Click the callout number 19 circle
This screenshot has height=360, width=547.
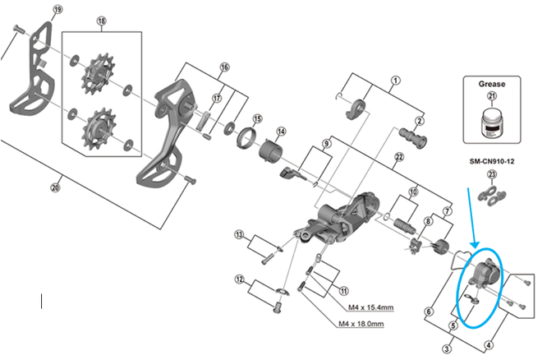(57, 9)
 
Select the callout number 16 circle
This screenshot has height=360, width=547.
(224, 67)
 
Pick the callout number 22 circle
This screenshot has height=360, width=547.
(400, 157)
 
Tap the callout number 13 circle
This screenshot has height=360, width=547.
(240, 236)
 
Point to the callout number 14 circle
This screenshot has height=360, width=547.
(281, 132)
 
